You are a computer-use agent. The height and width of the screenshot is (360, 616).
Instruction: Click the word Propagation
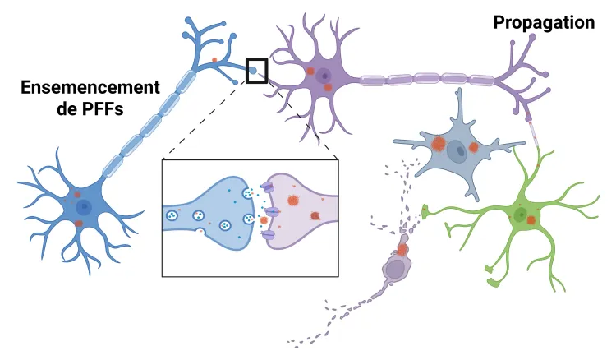pos(544,23)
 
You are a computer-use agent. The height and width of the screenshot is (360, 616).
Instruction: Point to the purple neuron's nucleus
pos(325,76)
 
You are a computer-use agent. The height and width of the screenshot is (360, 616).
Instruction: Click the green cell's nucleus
pos(520,215)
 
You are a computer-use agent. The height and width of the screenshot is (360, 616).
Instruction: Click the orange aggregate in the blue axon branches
pos(214,60)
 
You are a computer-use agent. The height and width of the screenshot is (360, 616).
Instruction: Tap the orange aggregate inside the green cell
pos(531,220)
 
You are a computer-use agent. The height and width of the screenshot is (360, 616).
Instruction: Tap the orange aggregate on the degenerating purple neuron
pos(402,249)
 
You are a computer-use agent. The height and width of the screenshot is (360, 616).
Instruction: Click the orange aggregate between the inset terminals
pos(263,220)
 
